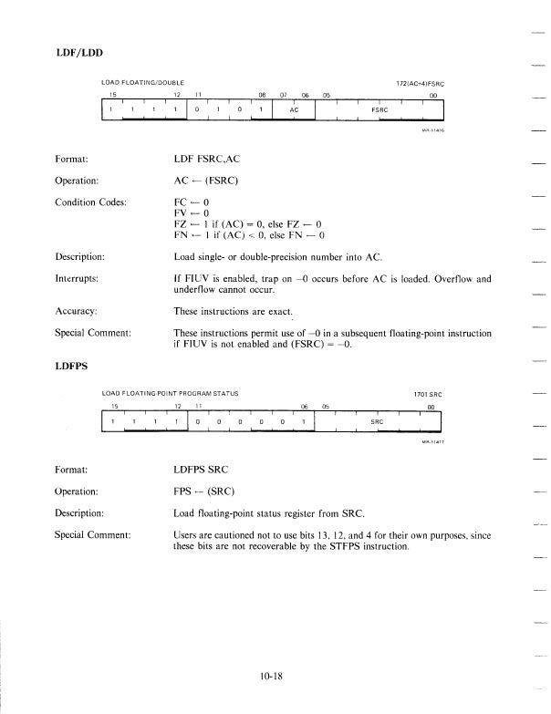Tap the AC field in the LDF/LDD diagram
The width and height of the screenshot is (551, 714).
click(x=294, y=110)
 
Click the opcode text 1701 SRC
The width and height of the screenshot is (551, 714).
click(x=425, y=393)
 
